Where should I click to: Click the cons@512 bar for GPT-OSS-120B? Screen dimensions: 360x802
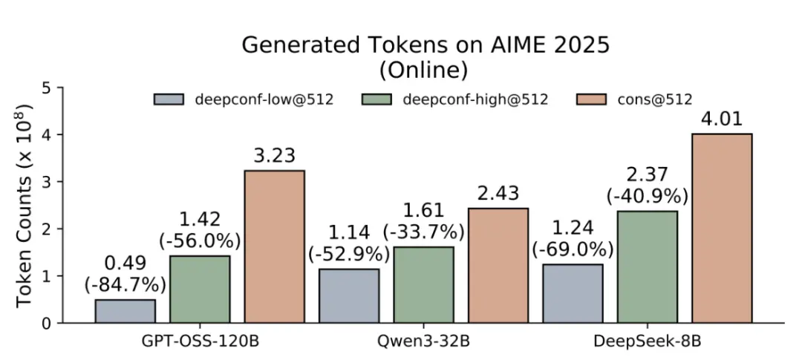tap(274, 246)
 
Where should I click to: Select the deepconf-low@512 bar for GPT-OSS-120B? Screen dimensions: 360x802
tap(125, 311)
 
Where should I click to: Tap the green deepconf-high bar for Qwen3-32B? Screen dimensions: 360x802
tap(423, 285)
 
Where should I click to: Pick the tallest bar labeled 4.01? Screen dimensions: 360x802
tap(722, 228)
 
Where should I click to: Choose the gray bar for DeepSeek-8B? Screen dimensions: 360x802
tap(573, 293)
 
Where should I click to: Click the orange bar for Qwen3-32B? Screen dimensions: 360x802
tap(498, 265)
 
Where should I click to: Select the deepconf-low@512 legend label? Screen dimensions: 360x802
tap(264, 99)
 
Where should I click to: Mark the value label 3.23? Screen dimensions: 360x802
tap(274, 156)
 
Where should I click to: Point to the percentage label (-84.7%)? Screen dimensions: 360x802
tap(125, 284)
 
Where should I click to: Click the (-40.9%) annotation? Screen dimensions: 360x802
tap(647, 197)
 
